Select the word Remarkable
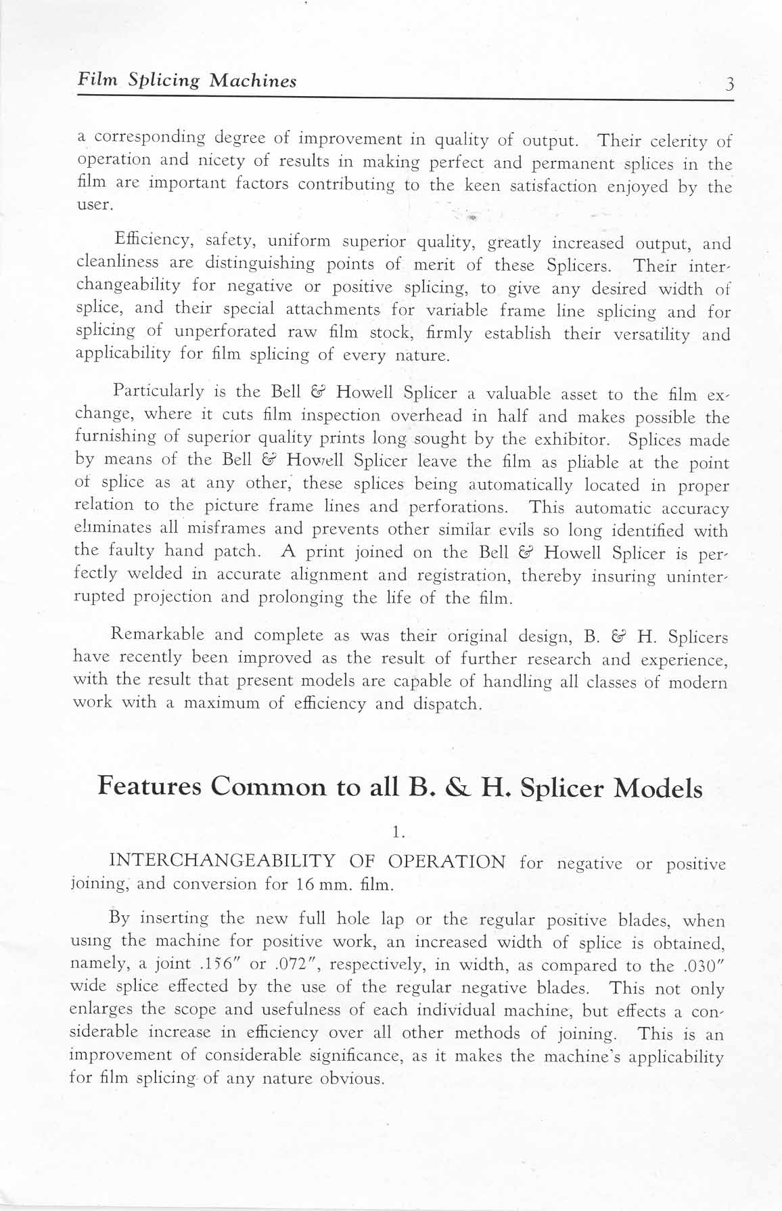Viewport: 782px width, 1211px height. click(157, 635)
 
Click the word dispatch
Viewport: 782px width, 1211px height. click(447, 704)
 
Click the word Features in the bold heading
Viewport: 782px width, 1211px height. click(149, 787)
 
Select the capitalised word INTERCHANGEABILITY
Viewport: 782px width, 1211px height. click(222, 862)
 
